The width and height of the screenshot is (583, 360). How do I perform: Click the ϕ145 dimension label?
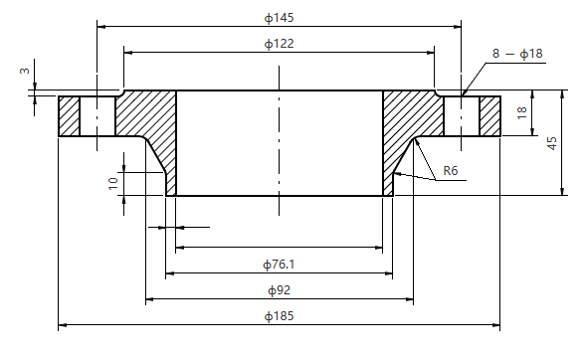(279, 18)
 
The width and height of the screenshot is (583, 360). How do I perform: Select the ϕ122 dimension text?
(279, 43)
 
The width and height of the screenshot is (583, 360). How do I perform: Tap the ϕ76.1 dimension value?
(279, 264)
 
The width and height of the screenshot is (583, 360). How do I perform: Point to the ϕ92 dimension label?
(279, 289)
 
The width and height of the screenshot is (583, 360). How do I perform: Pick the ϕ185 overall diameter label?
(279, 315)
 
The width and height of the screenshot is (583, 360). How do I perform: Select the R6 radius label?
(450, 171)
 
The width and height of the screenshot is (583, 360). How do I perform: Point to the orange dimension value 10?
(114, 181)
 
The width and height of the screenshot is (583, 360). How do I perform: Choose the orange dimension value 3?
(21, 71)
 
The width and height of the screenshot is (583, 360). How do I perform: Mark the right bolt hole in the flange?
(462, 114)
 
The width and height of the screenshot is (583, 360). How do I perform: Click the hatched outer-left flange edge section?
(69, 114)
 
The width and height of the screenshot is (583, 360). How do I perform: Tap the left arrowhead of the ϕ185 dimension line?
(63, 324)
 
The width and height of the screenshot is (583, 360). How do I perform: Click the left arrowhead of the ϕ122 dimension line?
(126, 52)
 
